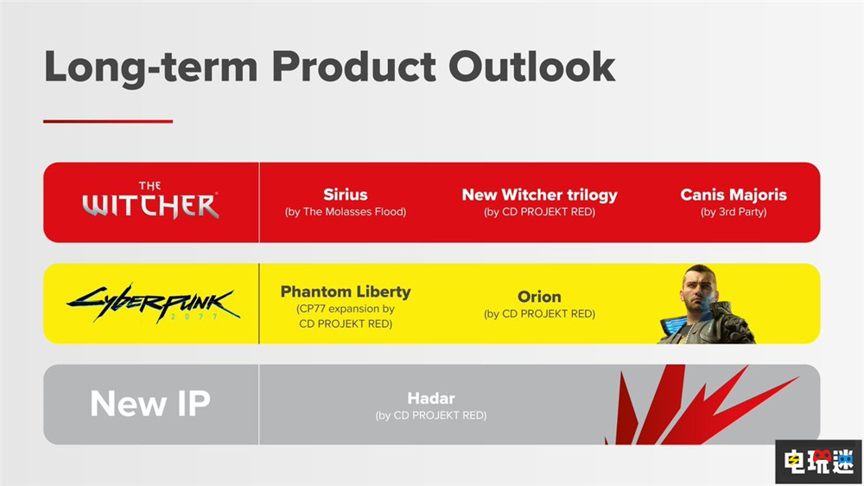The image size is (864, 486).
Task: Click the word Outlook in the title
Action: coord(531,67)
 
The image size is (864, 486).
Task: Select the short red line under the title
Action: coord(108,121)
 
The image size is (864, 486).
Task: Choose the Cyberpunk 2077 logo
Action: coord(153,303)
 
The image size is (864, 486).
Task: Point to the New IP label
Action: coord(150,403)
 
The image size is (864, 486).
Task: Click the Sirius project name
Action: coord(346,195)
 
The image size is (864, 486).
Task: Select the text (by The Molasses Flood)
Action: coord(346,211)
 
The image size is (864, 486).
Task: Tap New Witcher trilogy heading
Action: coord(539,195)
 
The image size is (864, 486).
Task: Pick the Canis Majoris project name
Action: coord(734,195)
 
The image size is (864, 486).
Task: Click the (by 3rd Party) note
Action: coord(734,212)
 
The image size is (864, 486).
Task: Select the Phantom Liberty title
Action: coord(346,291)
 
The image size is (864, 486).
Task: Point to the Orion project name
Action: coord(539,297)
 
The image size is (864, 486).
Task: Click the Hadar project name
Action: coord(431,399)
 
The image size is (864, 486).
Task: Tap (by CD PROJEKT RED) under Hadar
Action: coord(431,415)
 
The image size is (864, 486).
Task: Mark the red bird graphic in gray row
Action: coord(701,405)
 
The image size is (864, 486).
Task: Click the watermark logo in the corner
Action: coord(818,461)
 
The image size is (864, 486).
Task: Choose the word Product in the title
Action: coord(353,67)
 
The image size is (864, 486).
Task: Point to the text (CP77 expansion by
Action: coord(346,309)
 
